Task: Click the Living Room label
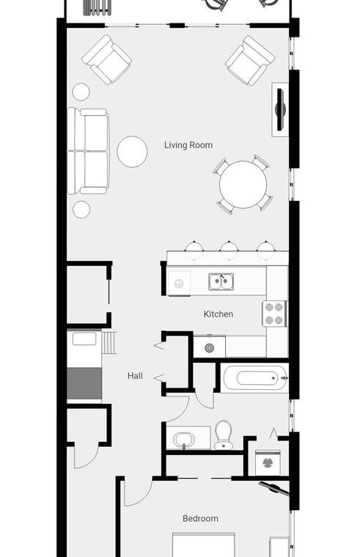188,145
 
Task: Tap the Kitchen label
218,314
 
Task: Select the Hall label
135,375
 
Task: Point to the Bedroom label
200,518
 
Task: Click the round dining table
243,185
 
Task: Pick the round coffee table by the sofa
132,151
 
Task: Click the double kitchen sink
221,281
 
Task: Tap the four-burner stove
275,314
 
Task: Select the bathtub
254,378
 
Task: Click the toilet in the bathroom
224,435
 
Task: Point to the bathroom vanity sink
184,440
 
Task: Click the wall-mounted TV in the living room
280,110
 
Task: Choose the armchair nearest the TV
250,60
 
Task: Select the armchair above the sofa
106,59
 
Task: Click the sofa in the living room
88,151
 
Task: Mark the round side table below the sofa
81,209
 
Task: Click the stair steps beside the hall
109,342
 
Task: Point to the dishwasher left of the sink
179,283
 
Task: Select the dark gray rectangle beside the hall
84,383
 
